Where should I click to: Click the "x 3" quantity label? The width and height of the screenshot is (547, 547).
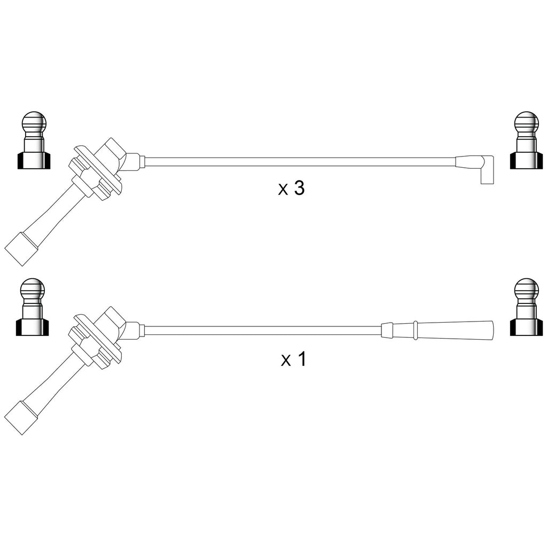pyautogui.click(x=291, y=188)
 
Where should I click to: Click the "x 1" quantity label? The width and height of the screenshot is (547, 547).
pyautogui.click(x=293, y=359)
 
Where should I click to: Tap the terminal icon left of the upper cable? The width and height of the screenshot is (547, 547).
pyautogui.click(x=34, y=140)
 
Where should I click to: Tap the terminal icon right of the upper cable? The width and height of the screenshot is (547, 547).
pyautogui.click(x=526, y=140)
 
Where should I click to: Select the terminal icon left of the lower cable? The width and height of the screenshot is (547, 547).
pyautogui.click(x=33, y=307)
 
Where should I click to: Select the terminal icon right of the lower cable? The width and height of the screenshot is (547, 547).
pyautogui.click(x=526, y=307)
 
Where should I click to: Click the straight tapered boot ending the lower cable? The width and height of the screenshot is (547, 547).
pyautogui.click(x=437, y=330)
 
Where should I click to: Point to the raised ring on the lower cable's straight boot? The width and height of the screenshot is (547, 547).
pyautogui.click(x=415, y=330)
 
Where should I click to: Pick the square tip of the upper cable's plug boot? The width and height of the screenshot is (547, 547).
pyautogui.click(x=21, y=249)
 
